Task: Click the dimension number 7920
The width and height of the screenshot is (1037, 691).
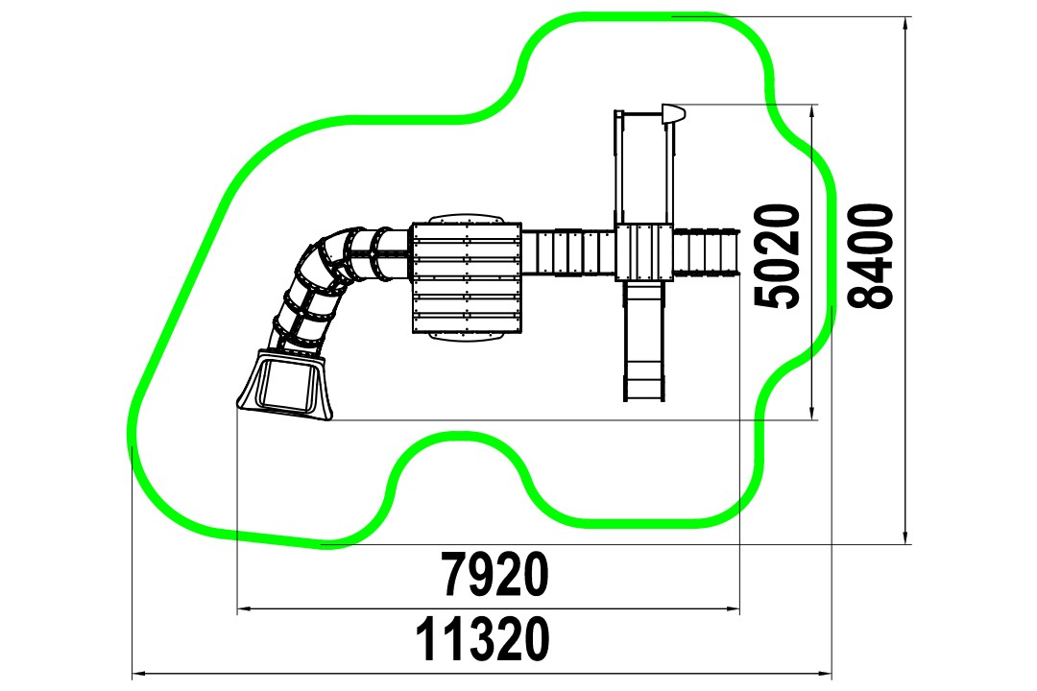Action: pos(495,574)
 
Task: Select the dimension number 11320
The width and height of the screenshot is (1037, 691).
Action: pos(482,639)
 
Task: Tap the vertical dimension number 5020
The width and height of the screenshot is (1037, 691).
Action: pos(778,256)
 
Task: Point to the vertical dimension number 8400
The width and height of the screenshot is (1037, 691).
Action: pos(870,256)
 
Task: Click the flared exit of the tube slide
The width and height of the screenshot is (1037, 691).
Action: pos(285,385)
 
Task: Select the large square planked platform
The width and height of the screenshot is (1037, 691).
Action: pos(467,277)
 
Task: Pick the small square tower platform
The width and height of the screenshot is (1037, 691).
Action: pos(644,252)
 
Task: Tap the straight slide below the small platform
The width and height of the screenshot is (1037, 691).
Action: pos(644,342)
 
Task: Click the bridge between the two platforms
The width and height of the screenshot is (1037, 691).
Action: pos(568,252)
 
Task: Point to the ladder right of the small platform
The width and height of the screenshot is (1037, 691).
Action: pos(706,251)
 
